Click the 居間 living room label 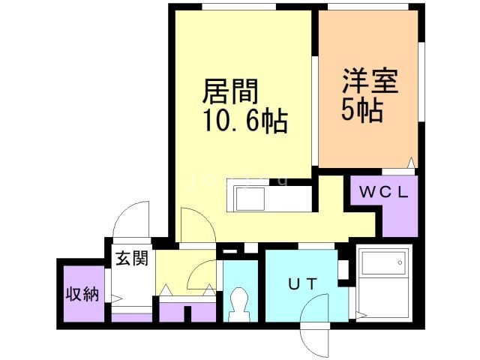(230, 91)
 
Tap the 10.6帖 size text (245, 121)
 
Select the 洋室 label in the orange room (370, 81)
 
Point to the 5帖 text (362, 110)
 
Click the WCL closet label (383, 193)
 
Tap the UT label (302, 284)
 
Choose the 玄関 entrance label (132, 258)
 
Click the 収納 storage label (83, 294)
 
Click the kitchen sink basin (250, 199)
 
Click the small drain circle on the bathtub (400, 262)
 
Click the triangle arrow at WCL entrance (411, 163)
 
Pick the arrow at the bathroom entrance (361, 315)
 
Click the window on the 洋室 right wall (421, 82)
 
